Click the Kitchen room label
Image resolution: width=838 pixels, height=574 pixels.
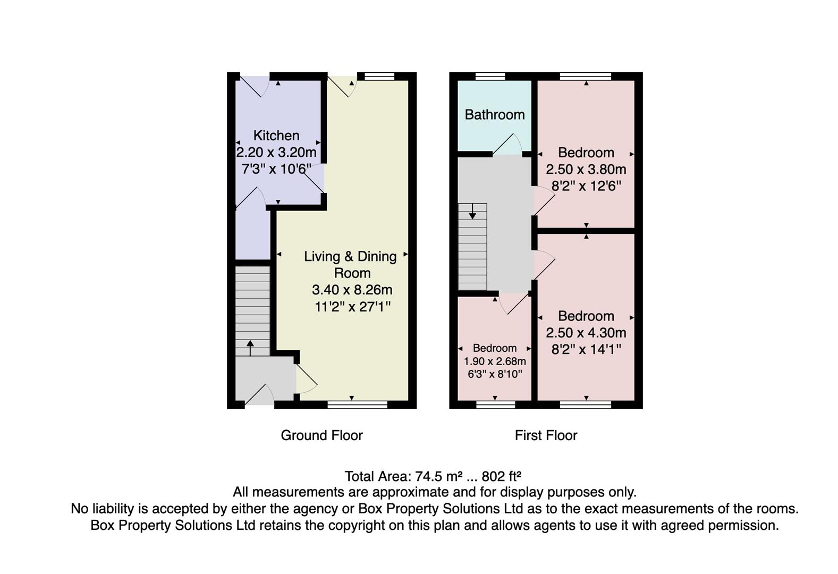point(276,136)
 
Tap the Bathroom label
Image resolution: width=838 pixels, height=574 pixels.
point(494,115)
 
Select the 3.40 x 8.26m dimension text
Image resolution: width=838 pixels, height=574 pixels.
point(352,290)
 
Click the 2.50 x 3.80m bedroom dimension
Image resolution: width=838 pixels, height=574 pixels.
point(586,170)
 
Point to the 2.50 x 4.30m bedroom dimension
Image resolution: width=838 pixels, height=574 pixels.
point(586,333)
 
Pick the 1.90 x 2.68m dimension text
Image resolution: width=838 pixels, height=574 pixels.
point(494,361)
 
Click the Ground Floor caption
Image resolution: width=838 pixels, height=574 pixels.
point(321,435)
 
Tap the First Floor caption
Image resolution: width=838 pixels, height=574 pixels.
point(546,435)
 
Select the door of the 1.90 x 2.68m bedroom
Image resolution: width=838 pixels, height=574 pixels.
point(513,304)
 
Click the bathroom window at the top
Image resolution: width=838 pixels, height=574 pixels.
point(489,76)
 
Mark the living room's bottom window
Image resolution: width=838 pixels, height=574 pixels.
point(357,405)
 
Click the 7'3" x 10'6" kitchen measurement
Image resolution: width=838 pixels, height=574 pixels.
point(276,170)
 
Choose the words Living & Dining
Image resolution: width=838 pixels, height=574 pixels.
point(350,257)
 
